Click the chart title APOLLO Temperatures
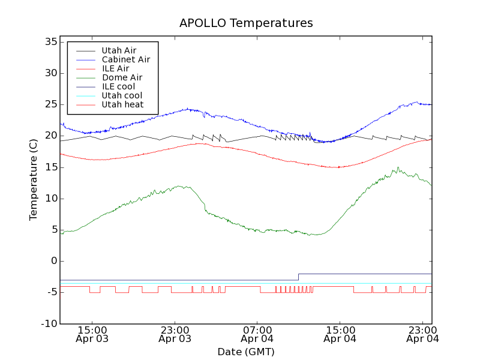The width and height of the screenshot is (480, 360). click(x=246, y=23)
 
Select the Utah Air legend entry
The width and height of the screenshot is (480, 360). click(x=119, y=50)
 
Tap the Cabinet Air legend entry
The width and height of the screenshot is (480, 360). click(x=125, y=59)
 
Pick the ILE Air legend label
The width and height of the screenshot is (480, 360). click(x=115, y=68)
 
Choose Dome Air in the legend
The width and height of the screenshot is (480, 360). click(x=122, y=77)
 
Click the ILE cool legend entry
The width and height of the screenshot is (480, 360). click(x=118, y=86)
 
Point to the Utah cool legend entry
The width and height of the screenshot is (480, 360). click(x=122, y=95)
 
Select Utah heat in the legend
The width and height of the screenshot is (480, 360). click(x=122, y=104)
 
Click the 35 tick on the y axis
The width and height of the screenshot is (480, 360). click(x=50, y=42)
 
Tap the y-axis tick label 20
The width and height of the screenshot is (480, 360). click(x=50, y=136)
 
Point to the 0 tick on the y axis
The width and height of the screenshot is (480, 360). click(x=53, y=261)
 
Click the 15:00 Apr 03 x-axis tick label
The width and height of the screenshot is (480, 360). click(x=92, y=334)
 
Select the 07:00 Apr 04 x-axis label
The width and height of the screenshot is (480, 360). click(x=257, y=334)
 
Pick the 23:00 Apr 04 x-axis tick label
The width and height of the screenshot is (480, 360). click(x=422, y=334)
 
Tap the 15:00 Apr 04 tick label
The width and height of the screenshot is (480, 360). click(x=340, y=334)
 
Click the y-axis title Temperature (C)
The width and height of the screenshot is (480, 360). click(x=34, y=180)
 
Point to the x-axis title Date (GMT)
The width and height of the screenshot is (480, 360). click(x=246, y=352)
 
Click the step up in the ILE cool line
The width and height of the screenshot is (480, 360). click(x=298, y=277)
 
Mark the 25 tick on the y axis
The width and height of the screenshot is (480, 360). click(x=50, y=104)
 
